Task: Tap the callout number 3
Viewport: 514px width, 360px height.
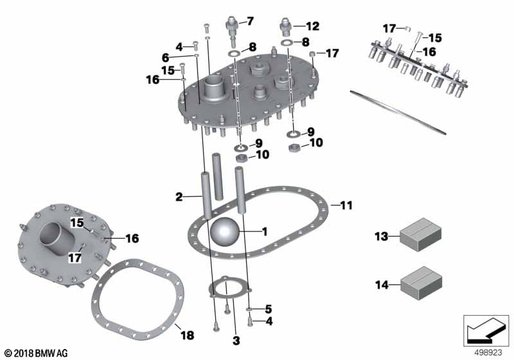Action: point(236,339)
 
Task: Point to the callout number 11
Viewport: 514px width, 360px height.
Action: point(346,206)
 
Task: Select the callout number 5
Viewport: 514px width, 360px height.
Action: point(269,308)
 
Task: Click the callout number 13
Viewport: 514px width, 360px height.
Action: point(381,237)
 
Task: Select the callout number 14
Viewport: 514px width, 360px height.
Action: point(381,284)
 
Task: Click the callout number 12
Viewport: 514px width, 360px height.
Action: point(312,26)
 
